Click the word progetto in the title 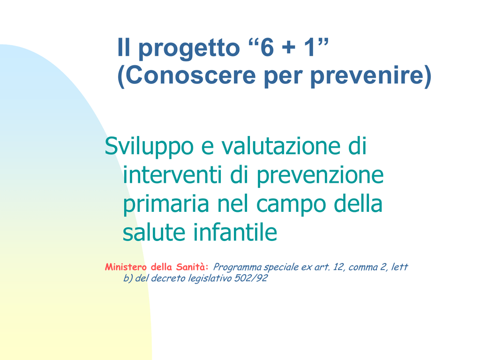coord(189,48)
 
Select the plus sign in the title coord(289,48)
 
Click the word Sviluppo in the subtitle coord(149,146)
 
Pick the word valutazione coord(281,146)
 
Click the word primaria coord(166,204)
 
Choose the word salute coord(154,232)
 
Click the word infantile coord(235,232)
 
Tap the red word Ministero coord(126,267)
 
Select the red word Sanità coord(192,267)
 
